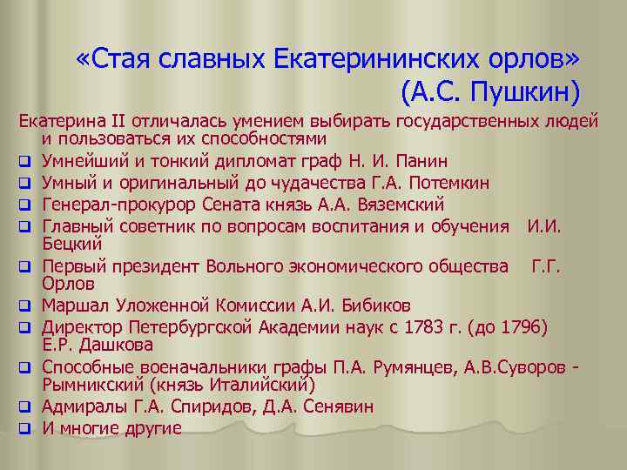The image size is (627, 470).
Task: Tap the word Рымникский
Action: coord(93,384)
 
